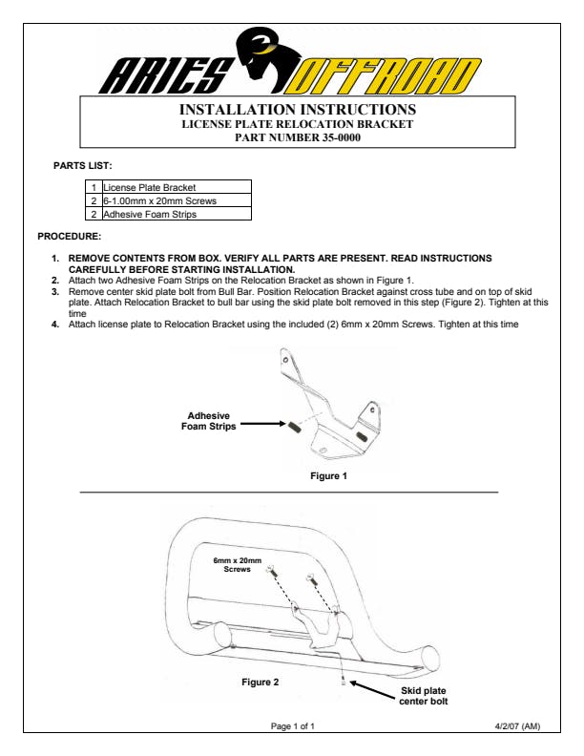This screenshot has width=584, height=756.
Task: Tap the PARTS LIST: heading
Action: point(82,165)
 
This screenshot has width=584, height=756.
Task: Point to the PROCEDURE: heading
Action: point(69,236)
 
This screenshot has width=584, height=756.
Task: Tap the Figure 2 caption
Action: point(261,682)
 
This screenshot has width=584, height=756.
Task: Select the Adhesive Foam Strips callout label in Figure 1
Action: point(208,421)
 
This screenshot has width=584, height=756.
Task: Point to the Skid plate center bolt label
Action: point(423,695)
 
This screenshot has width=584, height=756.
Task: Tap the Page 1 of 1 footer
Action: point(292,726)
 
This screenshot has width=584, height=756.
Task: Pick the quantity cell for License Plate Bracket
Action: point(94,188)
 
